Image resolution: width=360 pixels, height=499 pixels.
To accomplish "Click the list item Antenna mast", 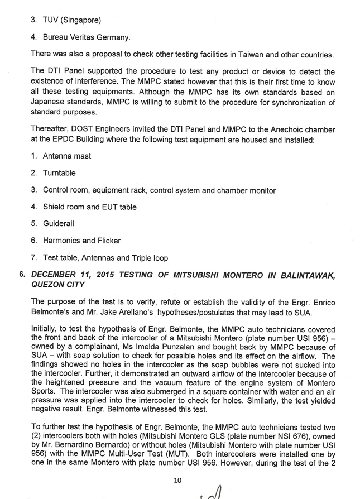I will tap(66, 156).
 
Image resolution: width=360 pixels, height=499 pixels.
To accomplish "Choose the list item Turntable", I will tap(59, 173).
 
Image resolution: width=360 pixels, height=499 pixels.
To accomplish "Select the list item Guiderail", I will tap(58, 223).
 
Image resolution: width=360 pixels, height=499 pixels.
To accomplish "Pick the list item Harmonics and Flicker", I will tap(81, 241).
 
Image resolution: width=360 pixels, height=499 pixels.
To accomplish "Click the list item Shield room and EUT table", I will tap(89, 207).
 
